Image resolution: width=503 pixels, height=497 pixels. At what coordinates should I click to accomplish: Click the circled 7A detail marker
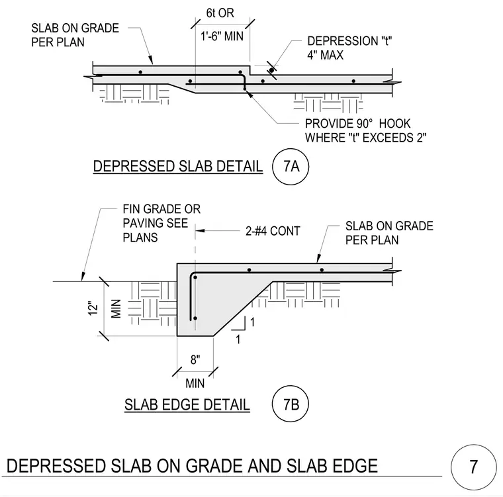pos(291,167)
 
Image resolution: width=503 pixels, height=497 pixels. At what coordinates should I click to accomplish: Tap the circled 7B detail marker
pos(291,404)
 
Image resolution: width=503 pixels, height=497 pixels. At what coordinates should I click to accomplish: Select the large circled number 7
pos(473,467)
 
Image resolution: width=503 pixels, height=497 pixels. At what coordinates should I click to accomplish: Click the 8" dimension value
pos(195,359)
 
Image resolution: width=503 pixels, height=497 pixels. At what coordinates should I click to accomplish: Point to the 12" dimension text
pos(93,308)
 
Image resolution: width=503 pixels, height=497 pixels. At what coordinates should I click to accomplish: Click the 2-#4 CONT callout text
pos(273,231)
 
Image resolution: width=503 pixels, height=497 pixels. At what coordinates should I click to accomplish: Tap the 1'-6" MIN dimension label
pos(222,36)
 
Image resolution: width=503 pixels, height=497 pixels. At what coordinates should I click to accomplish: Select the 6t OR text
pos(220,13)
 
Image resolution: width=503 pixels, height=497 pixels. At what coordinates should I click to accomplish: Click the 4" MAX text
pos(325,55)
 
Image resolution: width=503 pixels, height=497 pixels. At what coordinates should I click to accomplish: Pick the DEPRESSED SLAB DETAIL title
pos(178,167)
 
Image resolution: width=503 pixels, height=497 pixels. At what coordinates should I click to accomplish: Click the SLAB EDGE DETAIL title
pos(187,404)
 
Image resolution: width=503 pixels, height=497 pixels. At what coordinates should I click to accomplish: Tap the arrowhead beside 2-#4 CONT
pos(200,231)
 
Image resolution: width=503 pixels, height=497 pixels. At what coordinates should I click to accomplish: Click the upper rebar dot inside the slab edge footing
pos(195,277)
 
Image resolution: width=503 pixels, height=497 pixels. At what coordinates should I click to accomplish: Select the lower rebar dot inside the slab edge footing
pos(195,318)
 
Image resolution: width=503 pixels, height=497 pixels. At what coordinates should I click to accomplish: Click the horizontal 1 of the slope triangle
pos(238,339)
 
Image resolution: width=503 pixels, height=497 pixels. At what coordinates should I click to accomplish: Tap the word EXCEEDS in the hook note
pos(377,138)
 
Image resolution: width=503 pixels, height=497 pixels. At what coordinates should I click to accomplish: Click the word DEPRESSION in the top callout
pos(342,41)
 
